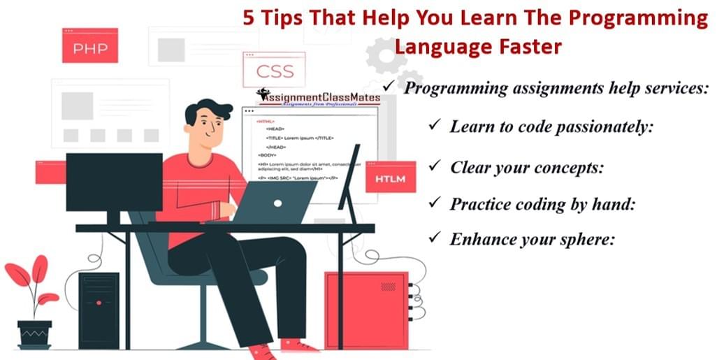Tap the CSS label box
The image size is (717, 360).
click(x=275, y=71)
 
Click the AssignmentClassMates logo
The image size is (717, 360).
click(x=318, y=97)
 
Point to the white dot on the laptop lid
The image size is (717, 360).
click(x=277, y=203)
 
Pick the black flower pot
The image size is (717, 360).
click(x=34, y=334)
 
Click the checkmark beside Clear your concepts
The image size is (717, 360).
click(x=434, y=166)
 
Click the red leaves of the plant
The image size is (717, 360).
click(x=31, y=277)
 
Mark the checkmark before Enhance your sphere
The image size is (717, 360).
click(x=434, y=238)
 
